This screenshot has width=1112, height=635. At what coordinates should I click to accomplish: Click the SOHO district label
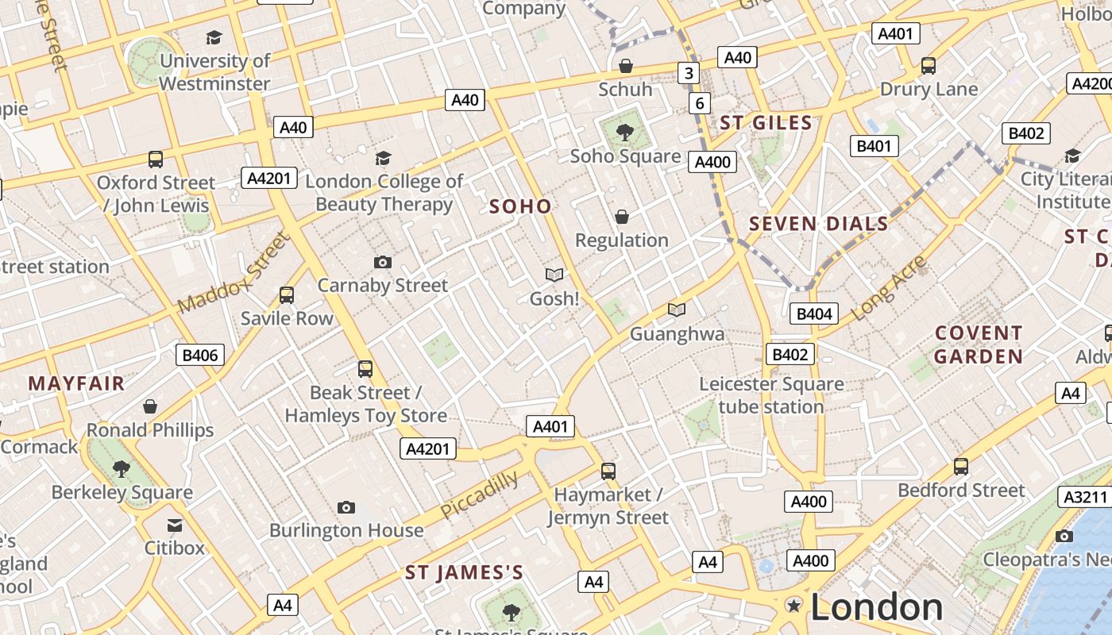pos(520,206)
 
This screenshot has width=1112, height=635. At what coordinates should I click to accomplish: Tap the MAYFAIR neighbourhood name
pos(76,384)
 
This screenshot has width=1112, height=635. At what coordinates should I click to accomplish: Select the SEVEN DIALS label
pos(819,224)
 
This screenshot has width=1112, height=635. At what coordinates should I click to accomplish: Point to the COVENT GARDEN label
pos(978,344)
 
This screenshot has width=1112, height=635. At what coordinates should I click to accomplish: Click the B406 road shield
pos(199,355)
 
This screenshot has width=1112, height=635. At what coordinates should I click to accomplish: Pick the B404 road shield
pos(813,314)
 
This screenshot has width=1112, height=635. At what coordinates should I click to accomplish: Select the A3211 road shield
pos(1084,497)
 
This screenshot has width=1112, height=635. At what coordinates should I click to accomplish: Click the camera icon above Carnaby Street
pos(382,263)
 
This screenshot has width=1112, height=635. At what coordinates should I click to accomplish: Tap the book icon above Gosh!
pos(554,275)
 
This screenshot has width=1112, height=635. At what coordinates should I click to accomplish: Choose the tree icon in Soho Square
pos(625,132)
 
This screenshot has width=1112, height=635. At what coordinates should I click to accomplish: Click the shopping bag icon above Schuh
pos(626,66)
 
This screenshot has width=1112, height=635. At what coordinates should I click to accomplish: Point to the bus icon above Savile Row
pos(287,295)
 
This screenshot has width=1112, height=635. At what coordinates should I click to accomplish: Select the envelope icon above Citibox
pos(175,525)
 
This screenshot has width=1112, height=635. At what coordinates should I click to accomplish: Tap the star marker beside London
pos(793,606)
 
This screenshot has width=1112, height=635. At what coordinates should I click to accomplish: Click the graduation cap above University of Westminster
pos(214,37)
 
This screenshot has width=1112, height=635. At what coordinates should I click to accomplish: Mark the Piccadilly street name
pos(479,495)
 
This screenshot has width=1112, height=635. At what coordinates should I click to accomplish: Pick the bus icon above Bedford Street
pos(961,467)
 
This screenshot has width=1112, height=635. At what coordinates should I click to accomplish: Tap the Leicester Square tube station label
pos(771,395)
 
